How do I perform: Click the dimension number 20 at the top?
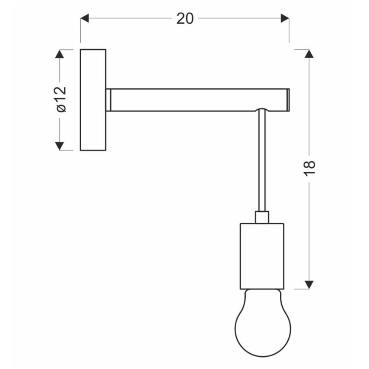pyautogui.click(x=185, y=18)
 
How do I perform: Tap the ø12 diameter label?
pyautogui.click(x=61, y=99)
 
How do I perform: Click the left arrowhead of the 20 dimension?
pyautogui.click(x=85, y=18)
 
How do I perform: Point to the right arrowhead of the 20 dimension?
pyautogui.click(x=284, y=18)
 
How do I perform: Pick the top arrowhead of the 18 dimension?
pyautogui.click(x=309, y=54)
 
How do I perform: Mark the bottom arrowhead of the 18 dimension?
pyautogui.click(x=309, y=284)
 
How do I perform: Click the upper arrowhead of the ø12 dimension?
pyautogui.click(x=60, y=54)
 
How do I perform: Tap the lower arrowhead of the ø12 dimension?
pyautogui.click(x=60, y=146)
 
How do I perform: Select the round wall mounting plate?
pyautogui.click(x=93, y=100)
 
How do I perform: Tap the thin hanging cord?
pyautogui.click(x=262, y=162)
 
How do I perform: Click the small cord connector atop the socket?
pyautogui.click(x=262, y=217)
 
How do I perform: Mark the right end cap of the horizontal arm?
pyautogui.click(x=288, y=100)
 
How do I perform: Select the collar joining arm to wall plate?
pyautogui.click(x=108, y=100)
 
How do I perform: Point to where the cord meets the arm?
pyautogui.click(x=262, y=111)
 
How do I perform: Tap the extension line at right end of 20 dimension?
pyautogui.click(x=289, y=32)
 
